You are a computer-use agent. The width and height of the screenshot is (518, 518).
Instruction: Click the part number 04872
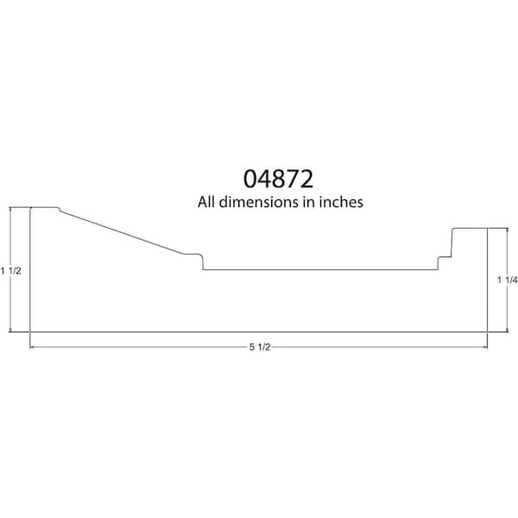278,179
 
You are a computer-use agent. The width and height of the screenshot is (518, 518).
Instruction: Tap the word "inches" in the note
341,202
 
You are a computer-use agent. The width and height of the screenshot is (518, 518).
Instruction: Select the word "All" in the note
206,202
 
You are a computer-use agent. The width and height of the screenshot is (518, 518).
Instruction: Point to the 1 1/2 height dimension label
11,271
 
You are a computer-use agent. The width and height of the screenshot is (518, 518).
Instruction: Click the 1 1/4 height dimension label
508,280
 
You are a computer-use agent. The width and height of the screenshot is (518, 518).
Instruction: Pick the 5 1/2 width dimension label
260,347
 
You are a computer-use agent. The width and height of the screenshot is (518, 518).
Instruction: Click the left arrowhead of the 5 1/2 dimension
33,347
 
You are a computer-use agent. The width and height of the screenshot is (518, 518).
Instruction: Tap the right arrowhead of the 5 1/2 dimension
485,347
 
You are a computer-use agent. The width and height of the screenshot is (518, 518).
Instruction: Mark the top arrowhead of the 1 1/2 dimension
10,210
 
